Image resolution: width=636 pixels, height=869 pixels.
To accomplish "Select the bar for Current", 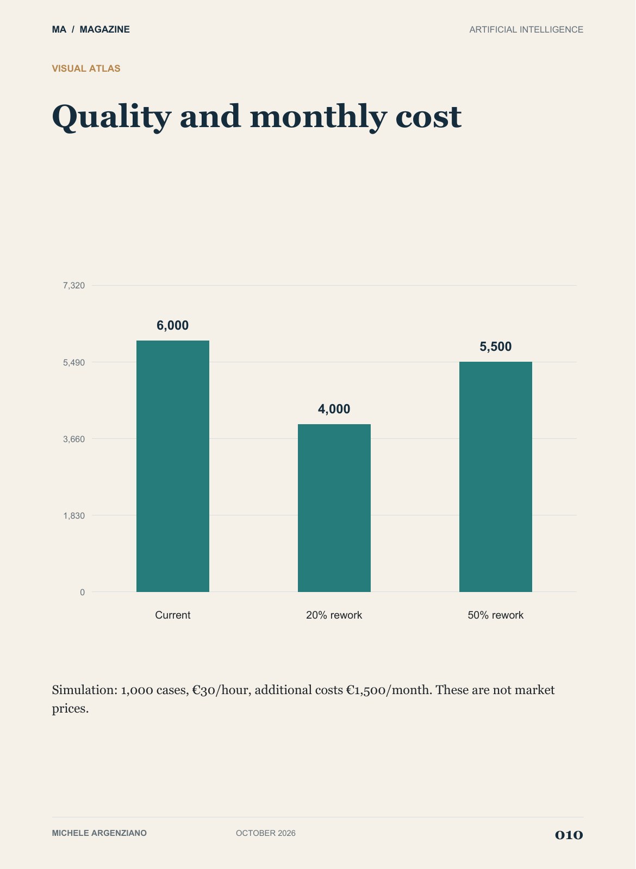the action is (173, 466).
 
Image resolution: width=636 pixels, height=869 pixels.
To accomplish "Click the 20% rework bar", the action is (334, 508).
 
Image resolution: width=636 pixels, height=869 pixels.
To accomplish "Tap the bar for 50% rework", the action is (496, 477).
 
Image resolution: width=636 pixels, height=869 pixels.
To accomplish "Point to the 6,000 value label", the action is (173, 325).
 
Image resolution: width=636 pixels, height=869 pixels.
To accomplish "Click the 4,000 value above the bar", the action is (334, 409).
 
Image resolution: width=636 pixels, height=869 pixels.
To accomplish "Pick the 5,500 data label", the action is (496, 347).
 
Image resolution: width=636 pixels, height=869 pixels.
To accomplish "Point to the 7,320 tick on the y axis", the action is (74, 286).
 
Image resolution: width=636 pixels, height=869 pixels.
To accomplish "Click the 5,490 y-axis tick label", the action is (74, 362).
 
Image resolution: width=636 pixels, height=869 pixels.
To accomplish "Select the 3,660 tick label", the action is (74, 439).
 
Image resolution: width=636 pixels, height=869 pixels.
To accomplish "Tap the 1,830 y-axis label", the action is (74, 515).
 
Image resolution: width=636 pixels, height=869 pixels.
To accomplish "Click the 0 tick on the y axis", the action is (82, 592).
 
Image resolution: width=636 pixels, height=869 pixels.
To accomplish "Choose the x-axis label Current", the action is (173, 615).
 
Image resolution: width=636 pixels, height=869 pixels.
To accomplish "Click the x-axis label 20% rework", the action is (334, 615).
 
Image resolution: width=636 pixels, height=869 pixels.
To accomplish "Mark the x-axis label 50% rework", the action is (496, 615).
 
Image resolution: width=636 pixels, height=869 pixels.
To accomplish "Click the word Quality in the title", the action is (111, 117).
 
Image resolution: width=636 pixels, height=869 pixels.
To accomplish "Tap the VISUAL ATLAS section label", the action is (86, 68).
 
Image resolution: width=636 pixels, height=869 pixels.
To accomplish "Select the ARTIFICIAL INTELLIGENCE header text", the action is (527, 29).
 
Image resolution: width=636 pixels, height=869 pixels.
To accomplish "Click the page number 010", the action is (569, 835).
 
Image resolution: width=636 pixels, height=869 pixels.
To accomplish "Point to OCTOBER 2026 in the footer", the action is (266, 833).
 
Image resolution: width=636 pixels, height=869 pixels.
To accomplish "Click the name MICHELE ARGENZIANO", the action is (99, 833).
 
